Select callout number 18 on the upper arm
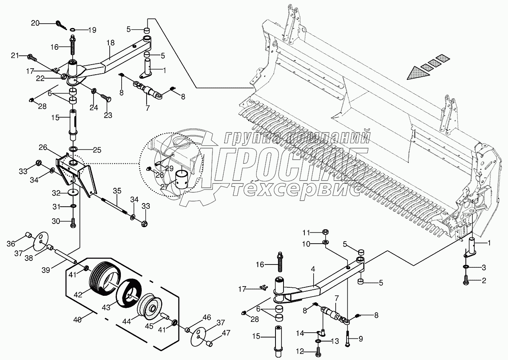[110, 43]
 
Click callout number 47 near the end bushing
[226, 332]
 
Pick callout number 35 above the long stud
[117, 191]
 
